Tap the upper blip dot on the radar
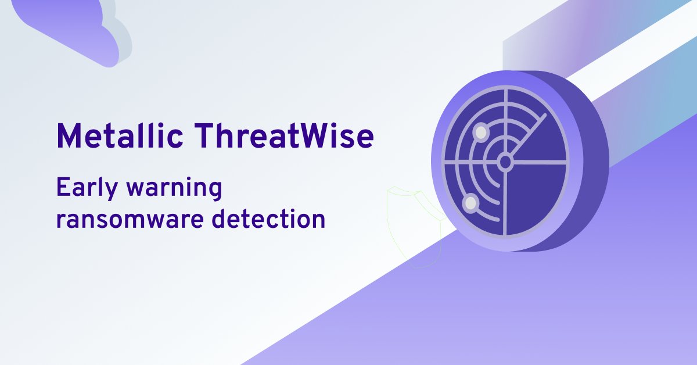(x=480, y=133)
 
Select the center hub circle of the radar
(x=505, y=162)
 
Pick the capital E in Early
(x=61, y=189)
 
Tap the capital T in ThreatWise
(x=205, y=136)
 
